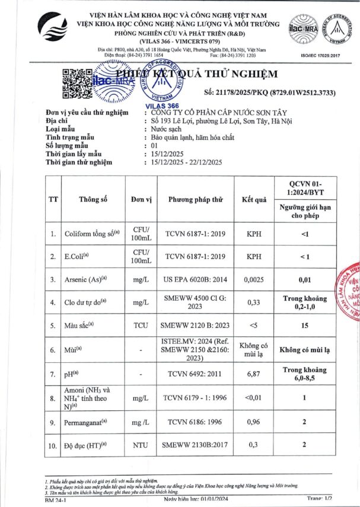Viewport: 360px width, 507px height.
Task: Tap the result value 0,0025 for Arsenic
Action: click(x=254, y=279)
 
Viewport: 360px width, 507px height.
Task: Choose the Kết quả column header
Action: click(x=254, y=199)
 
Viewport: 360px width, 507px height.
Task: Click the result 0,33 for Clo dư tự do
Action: click(x=254, y=302)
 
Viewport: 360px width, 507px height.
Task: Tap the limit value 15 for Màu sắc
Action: click(x=305, y=326)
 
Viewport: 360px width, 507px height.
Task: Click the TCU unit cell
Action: click(x=141, y=326)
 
